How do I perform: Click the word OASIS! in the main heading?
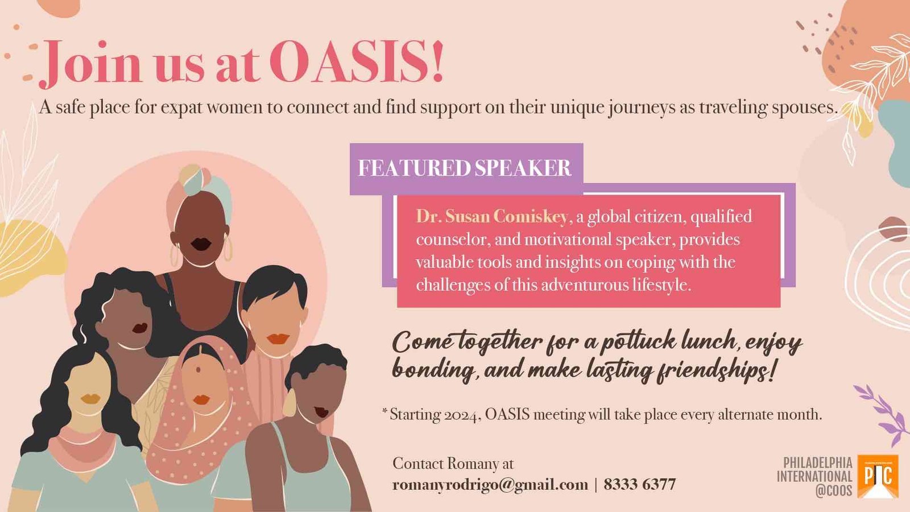pyautogui.click(x=356, y=61)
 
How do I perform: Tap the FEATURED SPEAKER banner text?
pyautogui.click(x=465, y=168)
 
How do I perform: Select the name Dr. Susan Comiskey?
pyautogui.click(x=492, y=217)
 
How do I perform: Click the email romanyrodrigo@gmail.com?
pyautogui.click(x=490, y=485)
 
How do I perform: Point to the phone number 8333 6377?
pyautogui.click(x=639, y=484)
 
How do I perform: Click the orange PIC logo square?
pyautogui.click(x=878, y=476)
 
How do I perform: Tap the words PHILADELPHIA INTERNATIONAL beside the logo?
pyautogui.click(x=815, y=469)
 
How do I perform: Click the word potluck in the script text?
pyautogui.click(x=638, y=342)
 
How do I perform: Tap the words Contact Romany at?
pyautogui.click(x=453, y=464)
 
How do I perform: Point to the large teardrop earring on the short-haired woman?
pyautogui.click(x=289, y=403)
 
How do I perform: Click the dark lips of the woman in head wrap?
pyautogui.click(x=201, y=244)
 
